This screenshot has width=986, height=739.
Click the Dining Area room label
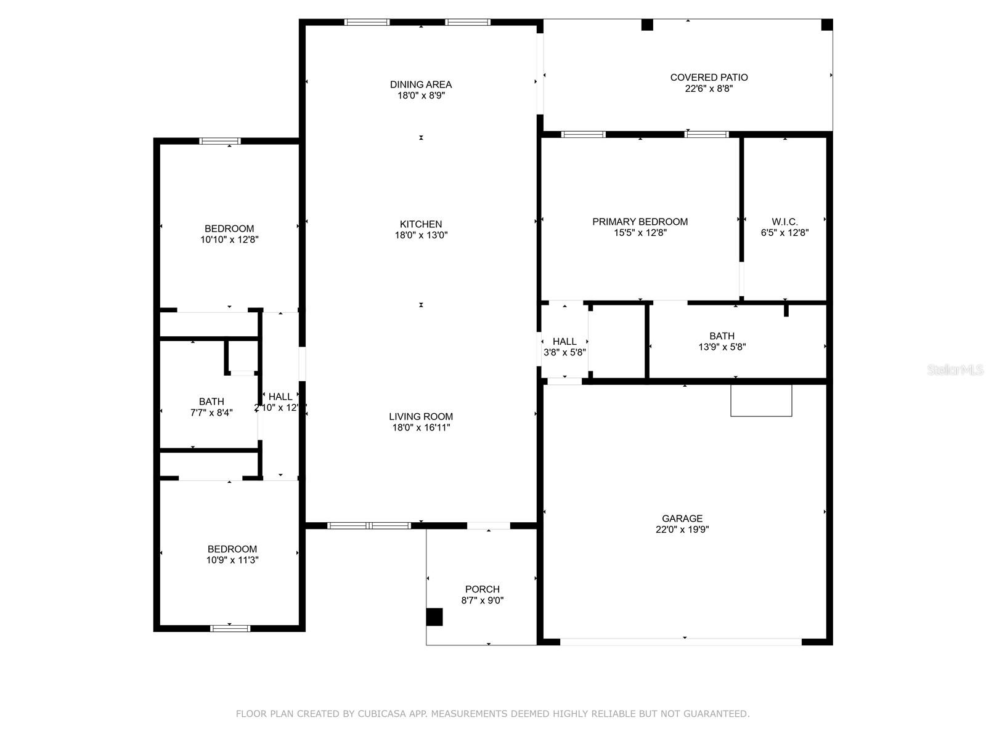pos(420,84)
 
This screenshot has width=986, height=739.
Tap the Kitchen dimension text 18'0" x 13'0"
pos(421,235)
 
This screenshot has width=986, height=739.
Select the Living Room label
pos(421,416)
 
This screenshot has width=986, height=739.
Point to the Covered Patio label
pos(709,77)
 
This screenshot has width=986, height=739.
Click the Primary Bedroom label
pos(640,222)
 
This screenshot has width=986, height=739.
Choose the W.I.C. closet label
pos(784,222)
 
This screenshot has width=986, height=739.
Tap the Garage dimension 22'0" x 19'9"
pos(682,530)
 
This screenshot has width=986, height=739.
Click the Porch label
pos(482,589)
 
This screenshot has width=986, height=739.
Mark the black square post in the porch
pos(434,616)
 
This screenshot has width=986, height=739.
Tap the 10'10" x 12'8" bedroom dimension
pos(229,240)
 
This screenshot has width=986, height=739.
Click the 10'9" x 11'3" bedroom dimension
pos(232,560)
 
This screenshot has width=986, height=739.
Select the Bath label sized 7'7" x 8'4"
pos(211,402)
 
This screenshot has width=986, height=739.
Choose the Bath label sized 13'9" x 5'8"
pos(722,336)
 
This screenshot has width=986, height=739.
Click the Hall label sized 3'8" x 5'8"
pos(564,341)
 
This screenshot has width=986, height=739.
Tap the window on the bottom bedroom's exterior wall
pos(230,628)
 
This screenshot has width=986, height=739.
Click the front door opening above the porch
pos(488,525)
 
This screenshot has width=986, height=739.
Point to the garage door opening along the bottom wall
pos(680,642)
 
